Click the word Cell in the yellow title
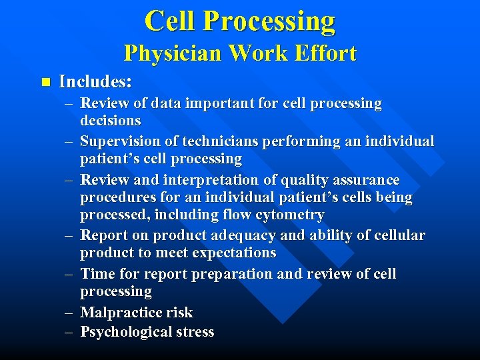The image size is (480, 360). pos(171,21)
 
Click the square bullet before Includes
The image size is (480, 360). pos(45,83)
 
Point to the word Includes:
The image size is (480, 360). pos(95,82)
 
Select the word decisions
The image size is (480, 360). pos(111,121)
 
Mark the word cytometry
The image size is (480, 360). pos(291,215)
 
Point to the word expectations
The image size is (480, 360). pos(233,253)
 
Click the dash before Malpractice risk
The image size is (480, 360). pos(69,312)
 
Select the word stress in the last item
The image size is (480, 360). pos(193,331)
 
